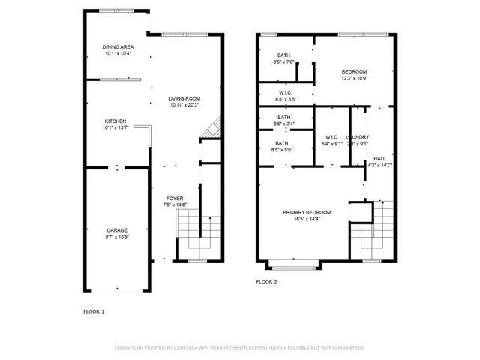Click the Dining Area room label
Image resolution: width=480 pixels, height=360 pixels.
(117, 46)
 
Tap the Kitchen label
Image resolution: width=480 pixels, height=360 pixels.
(115, 121)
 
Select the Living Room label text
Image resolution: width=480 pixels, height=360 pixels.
(184, 98)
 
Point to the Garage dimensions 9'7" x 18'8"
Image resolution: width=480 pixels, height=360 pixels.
(115, 236)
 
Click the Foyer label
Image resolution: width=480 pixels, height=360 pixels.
(174, 198)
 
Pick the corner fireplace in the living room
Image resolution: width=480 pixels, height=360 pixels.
(212, 130)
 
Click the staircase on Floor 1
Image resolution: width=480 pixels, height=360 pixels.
(199, 234)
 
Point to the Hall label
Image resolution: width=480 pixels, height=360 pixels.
(379, 158)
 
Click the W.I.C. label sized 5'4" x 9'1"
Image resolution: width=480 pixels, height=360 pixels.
(331, 137)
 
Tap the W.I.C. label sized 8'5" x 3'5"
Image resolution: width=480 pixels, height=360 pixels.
(286, 93)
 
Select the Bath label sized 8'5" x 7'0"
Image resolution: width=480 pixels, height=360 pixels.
(283, 55)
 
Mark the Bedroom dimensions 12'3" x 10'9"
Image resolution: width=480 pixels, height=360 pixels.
(355, 78)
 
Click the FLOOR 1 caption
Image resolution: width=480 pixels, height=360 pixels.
(93, 310)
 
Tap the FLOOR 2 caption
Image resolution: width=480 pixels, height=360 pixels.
(266, 282)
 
